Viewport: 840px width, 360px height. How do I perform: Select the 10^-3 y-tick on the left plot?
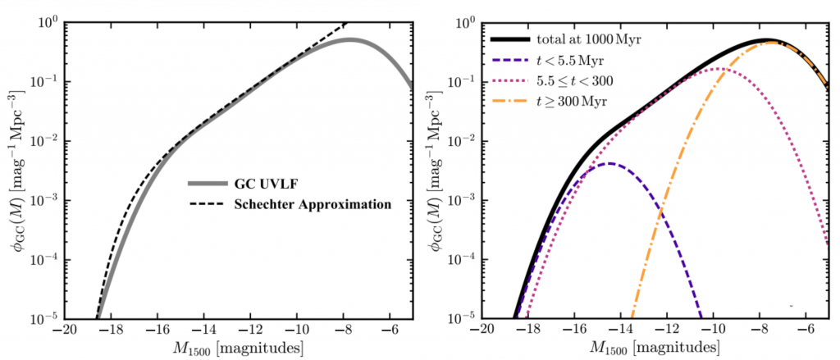coord(43,199)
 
